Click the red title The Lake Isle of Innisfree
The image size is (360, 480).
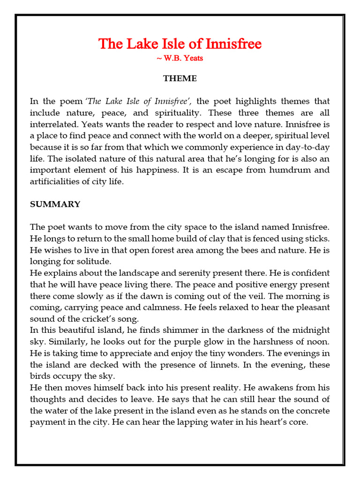[180, 44]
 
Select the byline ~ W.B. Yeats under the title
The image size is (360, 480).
[180, 58]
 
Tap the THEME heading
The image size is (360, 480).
[180, 78]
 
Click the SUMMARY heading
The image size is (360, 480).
[55, 204]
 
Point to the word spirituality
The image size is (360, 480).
[178, 113]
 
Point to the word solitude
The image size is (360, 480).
[94, 261]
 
